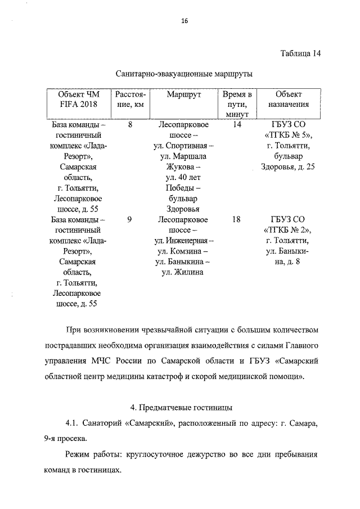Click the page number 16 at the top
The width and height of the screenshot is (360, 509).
184,21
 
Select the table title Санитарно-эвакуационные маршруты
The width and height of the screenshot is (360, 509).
184,74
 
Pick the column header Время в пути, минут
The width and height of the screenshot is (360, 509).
237,104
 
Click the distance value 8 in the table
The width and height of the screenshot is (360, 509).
130,125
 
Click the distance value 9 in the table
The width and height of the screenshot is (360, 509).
130,220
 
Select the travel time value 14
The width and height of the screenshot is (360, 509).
237,125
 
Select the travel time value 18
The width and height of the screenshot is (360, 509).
237,220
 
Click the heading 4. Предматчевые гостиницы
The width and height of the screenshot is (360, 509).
184,406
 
